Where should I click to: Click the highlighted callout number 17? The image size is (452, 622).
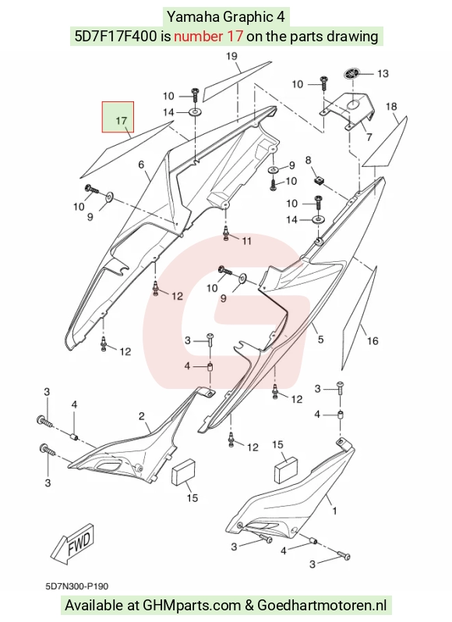pyautogui.click(x=121, y=120)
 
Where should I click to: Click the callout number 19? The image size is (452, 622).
pyautogui.click(x=231, y=56)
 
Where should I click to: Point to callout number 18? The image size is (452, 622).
pyautogui.click(x=391, y=106)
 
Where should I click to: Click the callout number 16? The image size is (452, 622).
pyautogui.click(x=373, y=341)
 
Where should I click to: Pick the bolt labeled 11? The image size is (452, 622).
pyautogui.click(x=226, y=233)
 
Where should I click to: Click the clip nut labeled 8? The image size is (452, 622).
pyautogui.click(x=319, y=181)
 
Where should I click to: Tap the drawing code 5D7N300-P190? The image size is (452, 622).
pyautogui.click(x=77, y=586)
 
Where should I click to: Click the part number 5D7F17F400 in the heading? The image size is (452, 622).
pyautogui.click(x=116, y=37)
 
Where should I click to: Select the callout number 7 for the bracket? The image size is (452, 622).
pyautogui.click(x=369, y=137)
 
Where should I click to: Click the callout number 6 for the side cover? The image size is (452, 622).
pyautogui.click(x=141, y=164)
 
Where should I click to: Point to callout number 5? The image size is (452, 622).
pyautogui.click(x=321, y=339)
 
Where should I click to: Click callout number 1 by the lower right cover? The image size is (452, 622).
pyautogui.click(x=334, y=511)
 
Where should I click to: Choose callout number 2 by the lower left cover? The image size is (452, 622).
pyautogui.click(x=142, y=416)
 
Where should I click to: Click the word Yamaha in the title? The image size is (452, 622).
pyautogui.click(x=193, y=17)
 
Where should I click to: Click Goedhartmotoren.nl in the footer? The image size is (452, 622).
pyautogui.click(x=323, y=606)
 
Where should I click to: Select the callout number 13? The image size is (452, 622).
pyautogui.click(x=383, y=74)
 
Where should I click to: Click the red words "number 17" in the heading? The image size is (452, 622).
pyautogui.click(x=208, y=37)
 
